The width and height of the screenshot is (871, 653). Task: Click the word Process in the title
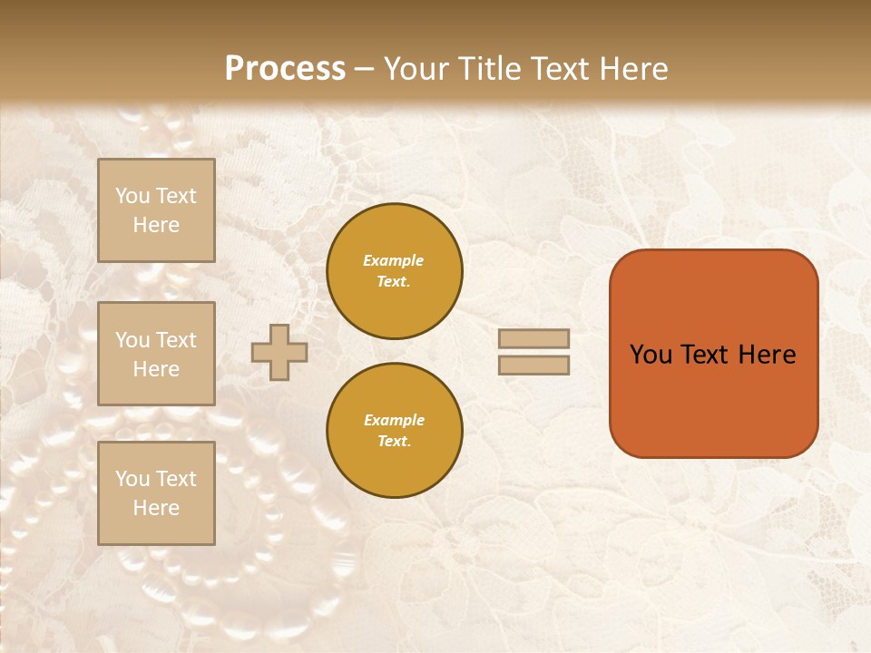click(285, 69)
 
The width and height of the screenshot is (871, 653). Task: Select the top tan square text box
click(156, 210)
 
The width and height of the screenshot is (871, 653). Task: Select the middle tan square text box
click(156, 354)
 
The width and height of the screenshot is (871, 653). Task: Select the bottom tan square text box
click(156, 493)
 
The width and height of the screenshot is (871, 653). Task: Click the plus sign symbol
click(279, 352)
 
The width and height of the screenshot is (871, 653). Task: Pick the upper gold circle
click(395, 271)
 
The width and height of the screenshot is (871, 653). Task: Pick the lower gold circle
click(395, 431)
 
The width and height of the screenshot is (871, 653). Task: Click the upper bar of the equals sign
click(533, 338)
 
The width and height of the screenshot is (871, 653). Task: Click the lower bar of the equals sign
click(533, 365)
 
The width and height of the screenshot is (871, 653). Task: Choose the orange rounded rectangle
click(713, 399)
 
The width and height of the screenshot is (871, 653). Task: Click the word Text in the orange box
click(705, 355)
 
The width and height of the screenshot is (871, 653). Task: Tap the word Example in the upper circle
click(394, 260)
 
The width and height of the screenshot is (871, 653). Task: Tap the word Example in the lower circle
click(394, 420)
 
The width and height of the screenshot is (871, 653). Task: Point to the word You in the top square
click(132, 196)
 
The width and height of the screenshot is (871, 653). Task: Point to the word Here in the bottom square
click(156, 508)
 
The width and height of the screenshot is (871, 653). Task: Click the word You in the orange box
click(651, 355)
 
